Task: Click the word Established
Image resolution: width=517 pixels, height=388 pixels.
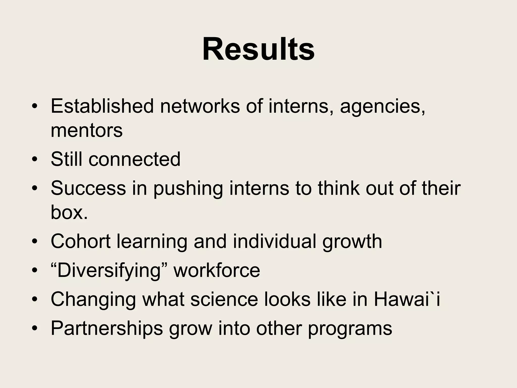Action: (x=102, y=106)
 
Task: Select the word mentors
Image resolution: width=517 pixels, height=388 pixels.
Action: (x=87, y=131)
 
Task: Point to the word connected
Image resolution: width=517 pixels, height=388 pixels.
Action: (x=134, y=159)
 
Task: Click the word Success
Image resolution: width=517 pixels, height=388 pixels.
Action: (x=88, y=188)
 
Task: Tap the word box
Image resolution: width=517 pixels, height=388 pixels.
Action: (x=69, y=212)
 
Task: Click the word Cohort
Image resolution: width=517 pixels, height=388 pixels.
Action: (x=81, y=241)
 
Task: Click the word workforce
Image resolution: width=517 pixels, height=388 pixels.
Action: (x=217, y=270)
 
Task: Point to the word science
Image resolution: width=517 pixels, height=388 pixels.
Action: (x=224, y=299)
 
